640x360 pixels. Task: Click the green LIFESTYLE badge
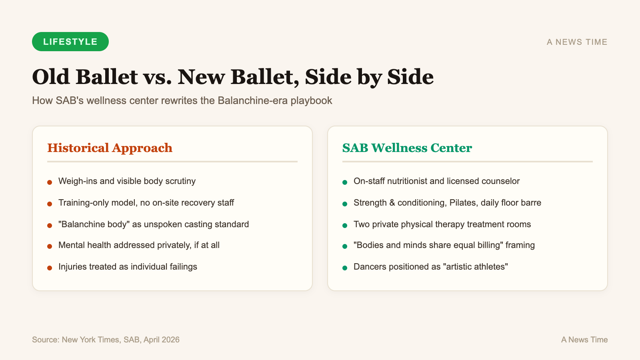coord(70,42)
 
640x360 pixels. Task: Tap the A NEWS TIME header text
coord(577,42)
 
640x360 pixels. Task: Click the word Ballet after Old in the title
coord(106,77)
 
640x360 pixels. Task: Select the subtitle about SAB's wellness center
coord(182,100)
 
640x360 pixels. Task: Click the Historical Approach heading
coord(110,148)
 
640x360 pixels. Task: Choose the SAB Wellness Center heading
coord(407,148)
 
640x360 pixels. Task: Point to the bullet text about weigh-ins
coord(127,181)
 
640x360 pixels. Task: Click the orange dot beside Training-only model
coord(50,204)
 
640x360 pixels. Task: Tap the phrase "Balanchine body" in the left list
coord(94,224)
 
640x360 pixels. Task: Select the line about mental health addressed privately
coord(139,245)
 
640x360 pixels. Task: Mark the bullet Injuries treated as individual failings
coord(128,267)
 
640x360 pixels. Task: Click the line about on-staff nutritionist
coord(436,181)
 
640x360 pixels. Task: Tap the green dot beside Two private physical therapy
coord(345,226)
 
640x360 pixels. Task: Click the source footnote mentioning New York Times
coord(106,340)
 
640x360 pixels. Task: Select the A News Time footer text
coord(584,340)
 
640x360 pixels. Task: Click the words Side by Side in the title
coord(369,77)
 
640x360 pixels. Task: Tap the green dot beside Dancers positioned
coord(345,268)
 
